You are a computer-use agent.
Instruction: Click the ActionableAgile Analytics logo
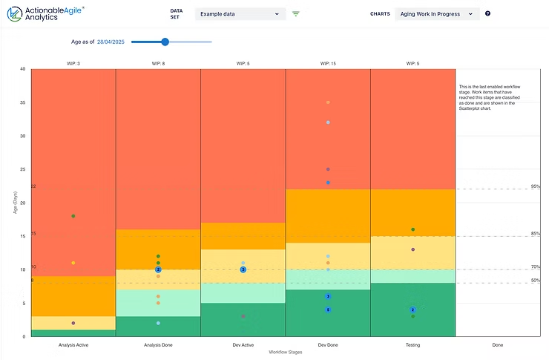coord(45,14)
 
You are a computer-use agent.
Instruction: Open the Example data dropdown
coord(240,13)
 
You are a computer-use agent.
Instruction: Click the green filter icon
coord(296,13)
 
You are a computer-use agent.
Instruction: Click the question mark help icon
coord(487,13)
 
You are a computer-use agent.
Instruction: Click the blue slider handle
coord(165,42)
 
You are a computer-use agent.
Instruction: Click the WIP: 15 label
coord(328,64)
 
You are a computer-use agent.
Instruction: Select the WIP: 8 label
coord(158,64)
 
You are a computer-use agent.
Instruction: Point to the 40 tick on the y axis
coord(23,69)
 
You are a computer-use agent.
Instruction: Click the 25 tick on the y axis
coord(23,169)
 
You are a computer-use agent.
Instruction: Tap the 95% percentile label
coord(535,186)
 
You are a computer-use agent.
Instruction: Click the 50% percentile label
coord(535,280)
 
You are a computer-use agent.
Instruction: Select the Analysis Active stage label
coord(73,344)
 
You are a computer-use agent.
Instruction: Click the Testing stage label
coord(412,344)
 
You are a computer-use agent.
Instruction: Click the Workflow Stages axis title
coord(286,352)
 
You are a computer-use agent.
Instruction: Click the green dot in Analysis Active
coord(73,216)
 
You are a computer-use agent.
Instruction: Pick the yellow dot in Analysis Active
coord(73,263)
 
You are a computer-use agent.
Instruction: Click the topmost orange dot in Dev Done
coord(328,102)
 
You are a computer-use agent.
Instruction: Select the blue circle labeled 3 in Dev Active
coord(243,269)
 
